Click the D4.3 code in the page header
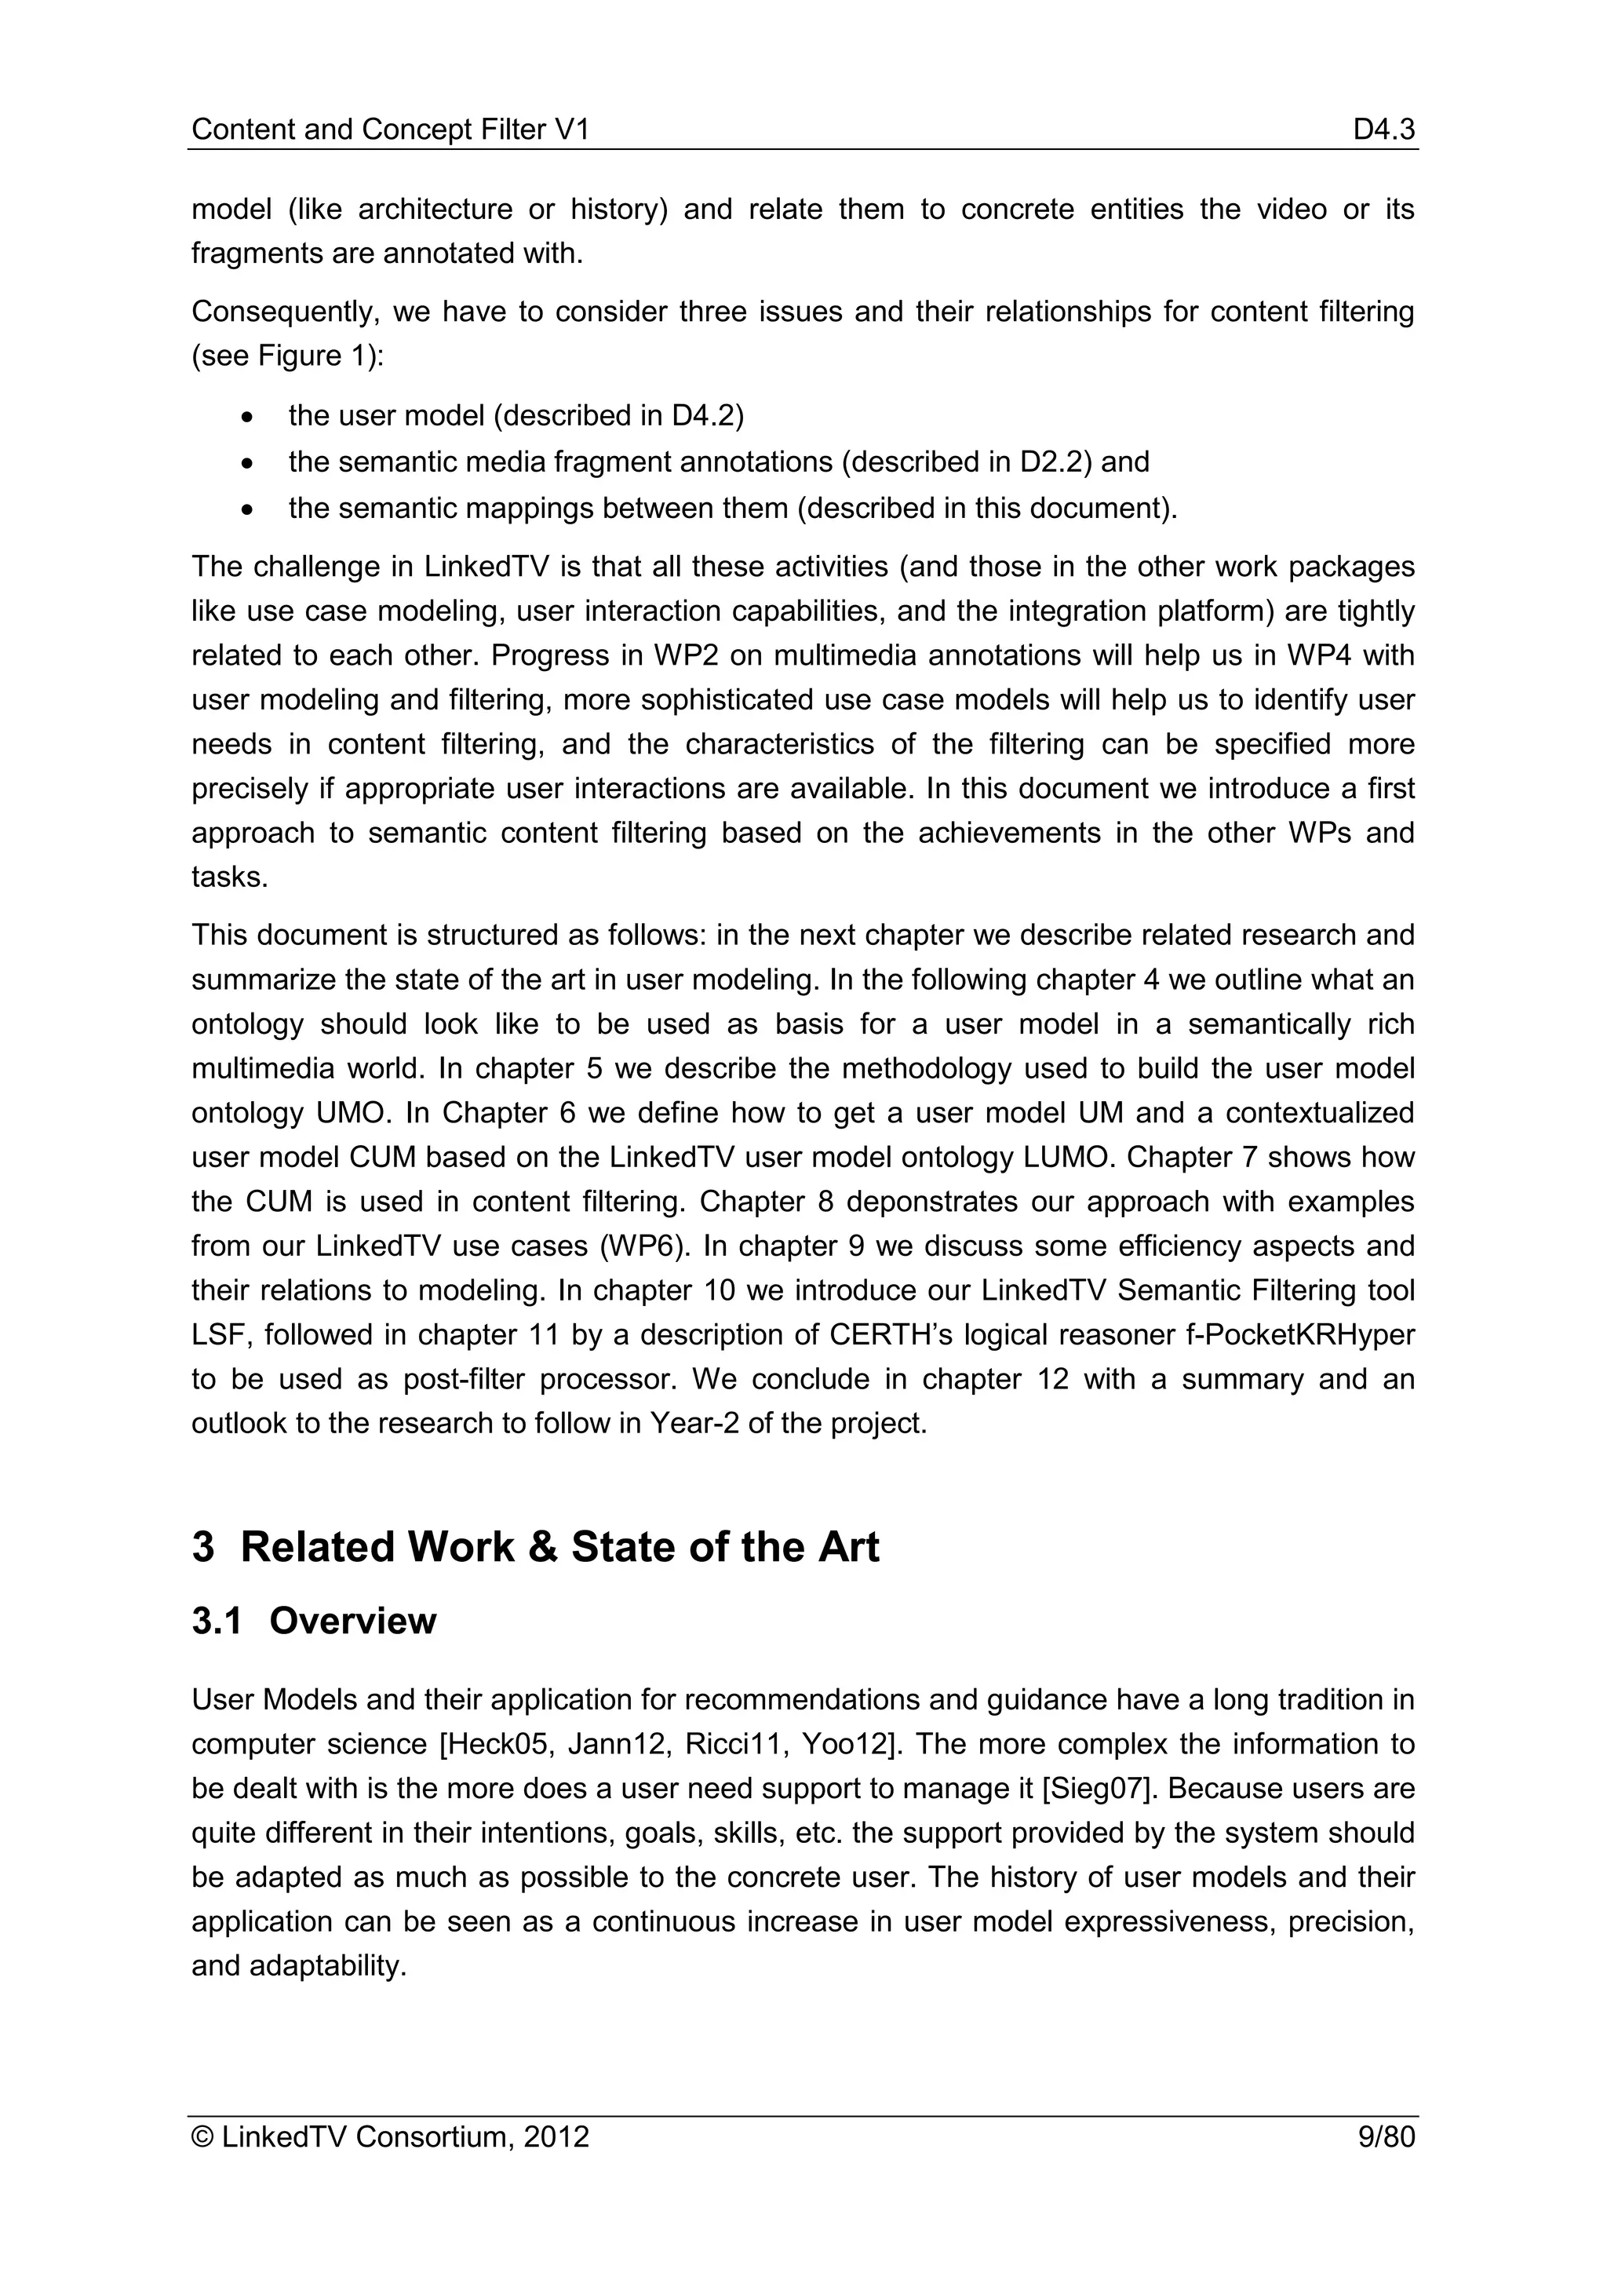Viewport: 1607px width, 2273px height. click(1383, 130)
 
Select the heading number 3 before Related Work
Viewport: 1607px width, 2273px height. click(203, 1547)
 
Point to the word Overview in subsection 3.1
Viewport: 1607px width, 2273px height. click(352, 1622)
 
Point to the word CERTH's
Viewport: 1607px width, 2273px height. click(887, 1336)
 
